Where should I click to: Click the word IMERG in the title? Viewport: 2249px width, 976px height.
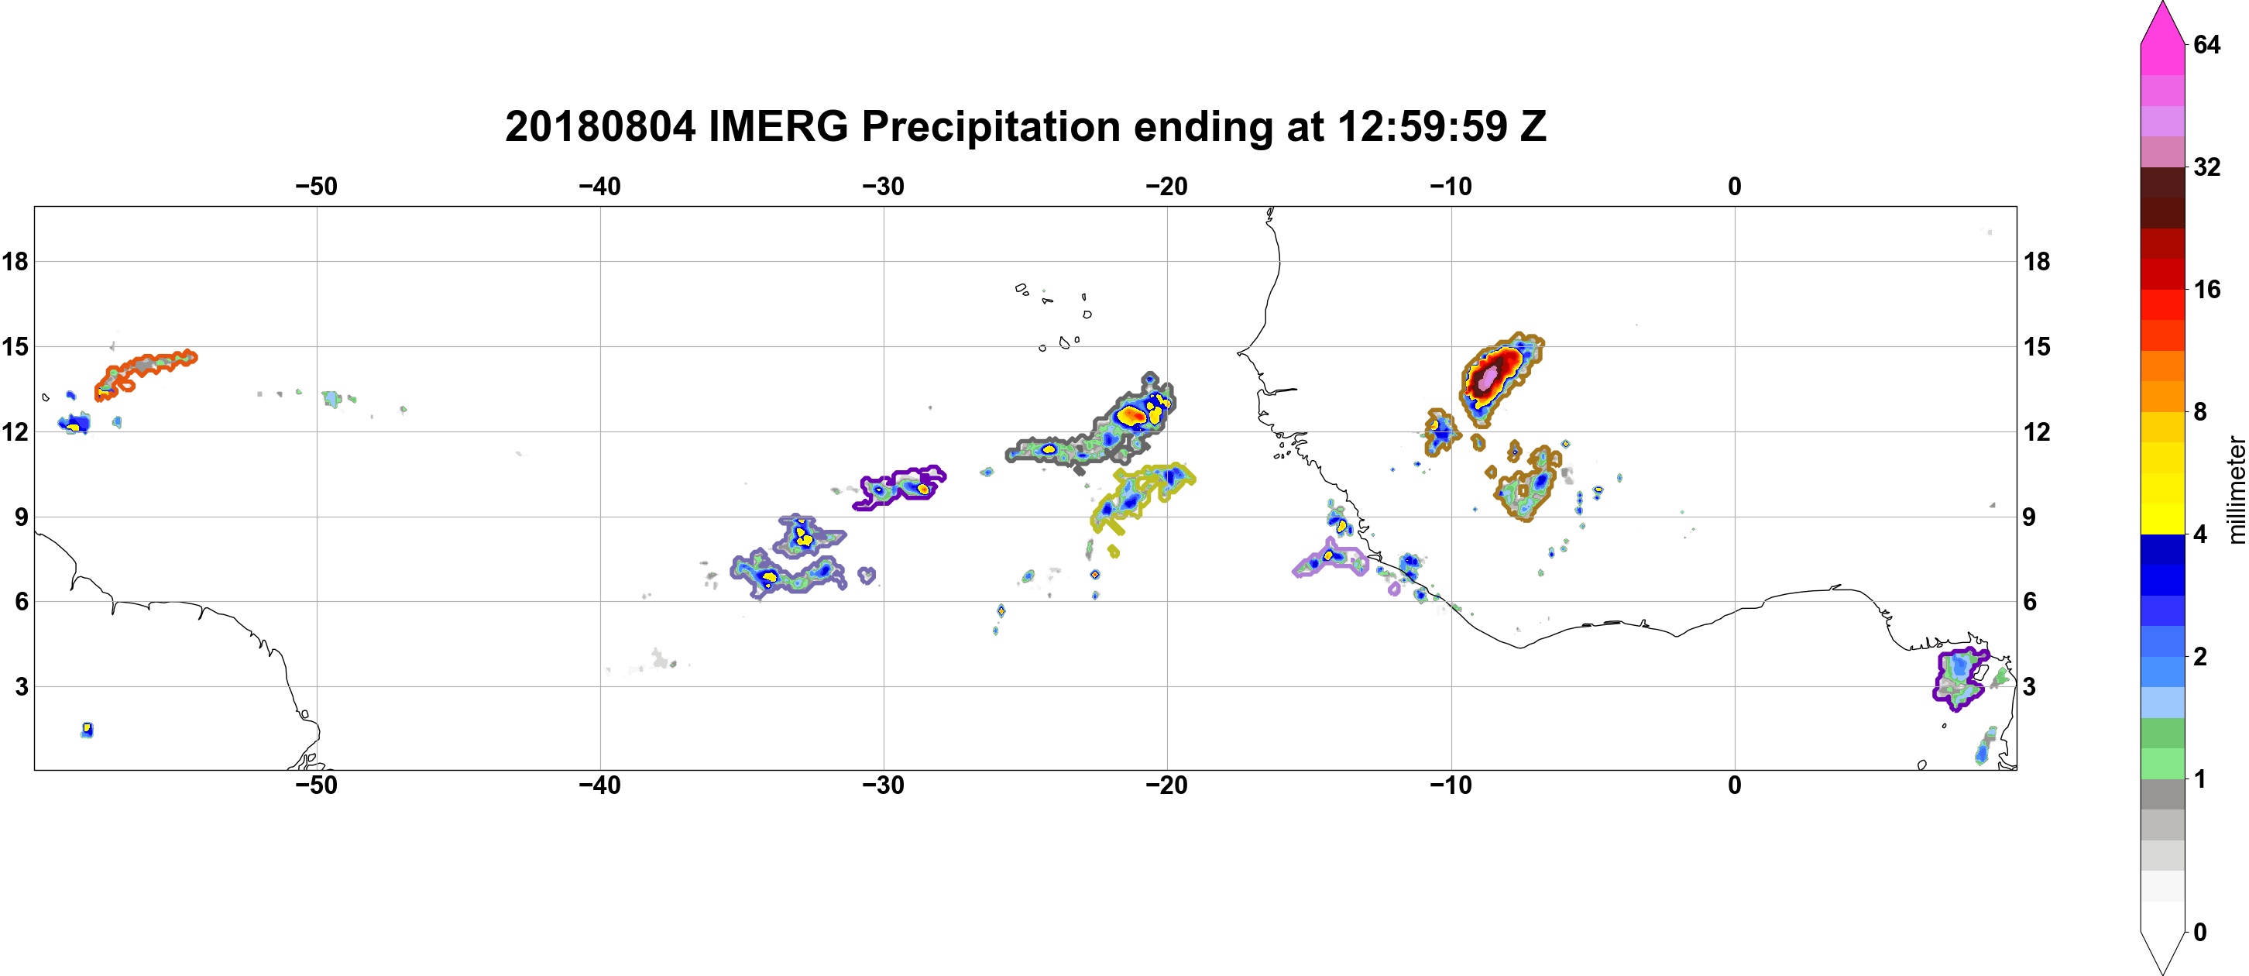(x=778, y=126)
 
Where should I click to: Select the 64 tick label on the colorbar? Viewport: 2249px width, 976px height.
(x=2208, y=44)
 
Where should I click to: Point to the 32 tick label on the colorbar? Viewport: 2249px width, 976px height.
(x=2208, y=167)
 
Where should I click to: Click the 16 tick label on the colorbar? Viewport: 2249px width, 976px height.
(x=2208, y=289)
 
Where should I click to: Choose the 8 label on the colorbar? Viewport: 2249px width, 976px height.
(x=2201, y=411)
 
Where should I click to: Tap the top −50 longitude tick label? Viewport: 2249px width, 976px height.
(x=316, y=186)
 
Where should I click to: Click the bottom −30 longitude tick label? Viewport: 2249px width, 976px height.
(x=884, y=785)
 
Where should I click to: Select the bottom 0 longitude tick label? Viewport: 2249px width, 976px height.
(x=1735, y=785)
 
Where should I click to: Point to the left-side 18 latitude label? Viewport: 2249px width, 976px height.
(x=15, y=261)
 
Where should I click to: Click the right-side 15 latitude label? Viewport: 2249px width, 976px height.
(x=2038, y=346)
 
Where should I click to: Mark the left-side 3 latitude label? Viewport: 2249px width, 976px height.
(x=21, y=687)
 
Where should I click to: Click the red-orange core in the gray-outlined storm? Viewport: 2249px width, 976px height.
(x=1132, y=415)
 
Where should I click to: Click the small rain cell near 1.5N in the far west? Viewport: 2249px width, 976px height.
(x=87, y=730)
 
